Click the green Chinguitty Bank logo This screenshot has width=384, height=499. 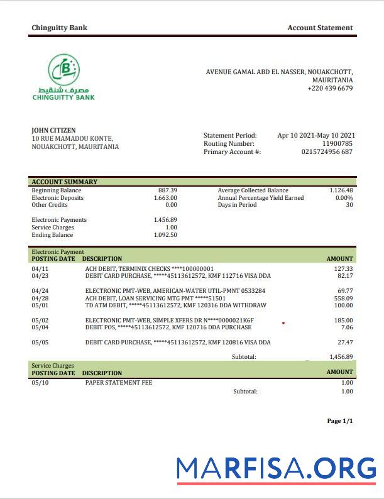[63, 77]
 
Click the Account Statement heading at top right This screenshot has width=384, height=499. [320, 28]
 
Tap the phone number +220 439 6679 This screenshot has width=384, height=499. [330, 89]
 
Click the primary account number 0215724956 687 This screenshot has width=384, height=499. [327, 152]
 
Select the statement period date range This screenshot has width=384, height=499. [316, 135]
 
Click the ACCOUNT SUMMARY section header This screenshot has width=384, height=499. [65, 182]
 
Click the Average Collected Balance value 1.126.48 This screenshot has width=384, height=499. [341, 190]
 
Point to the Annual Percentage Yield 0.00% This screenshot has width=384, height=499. [344, 198]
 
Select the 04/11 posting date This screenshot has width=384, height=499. [40, 269]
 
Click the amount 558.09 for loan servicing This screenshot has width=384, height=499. [343, 299]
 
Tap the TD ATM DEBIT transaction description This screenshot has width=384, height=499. [175, 306]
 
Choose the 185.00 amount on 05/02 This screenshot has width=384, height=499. [343, 321]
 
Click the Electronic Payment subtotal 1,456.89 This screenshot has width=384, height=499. [341, 357]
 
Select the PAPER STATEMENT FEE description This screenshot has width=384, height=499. [118, 383]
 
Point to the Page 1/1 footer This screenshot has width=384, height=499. [340, 421]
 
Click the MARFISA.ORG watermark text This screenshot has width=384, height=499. [276, 468]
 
